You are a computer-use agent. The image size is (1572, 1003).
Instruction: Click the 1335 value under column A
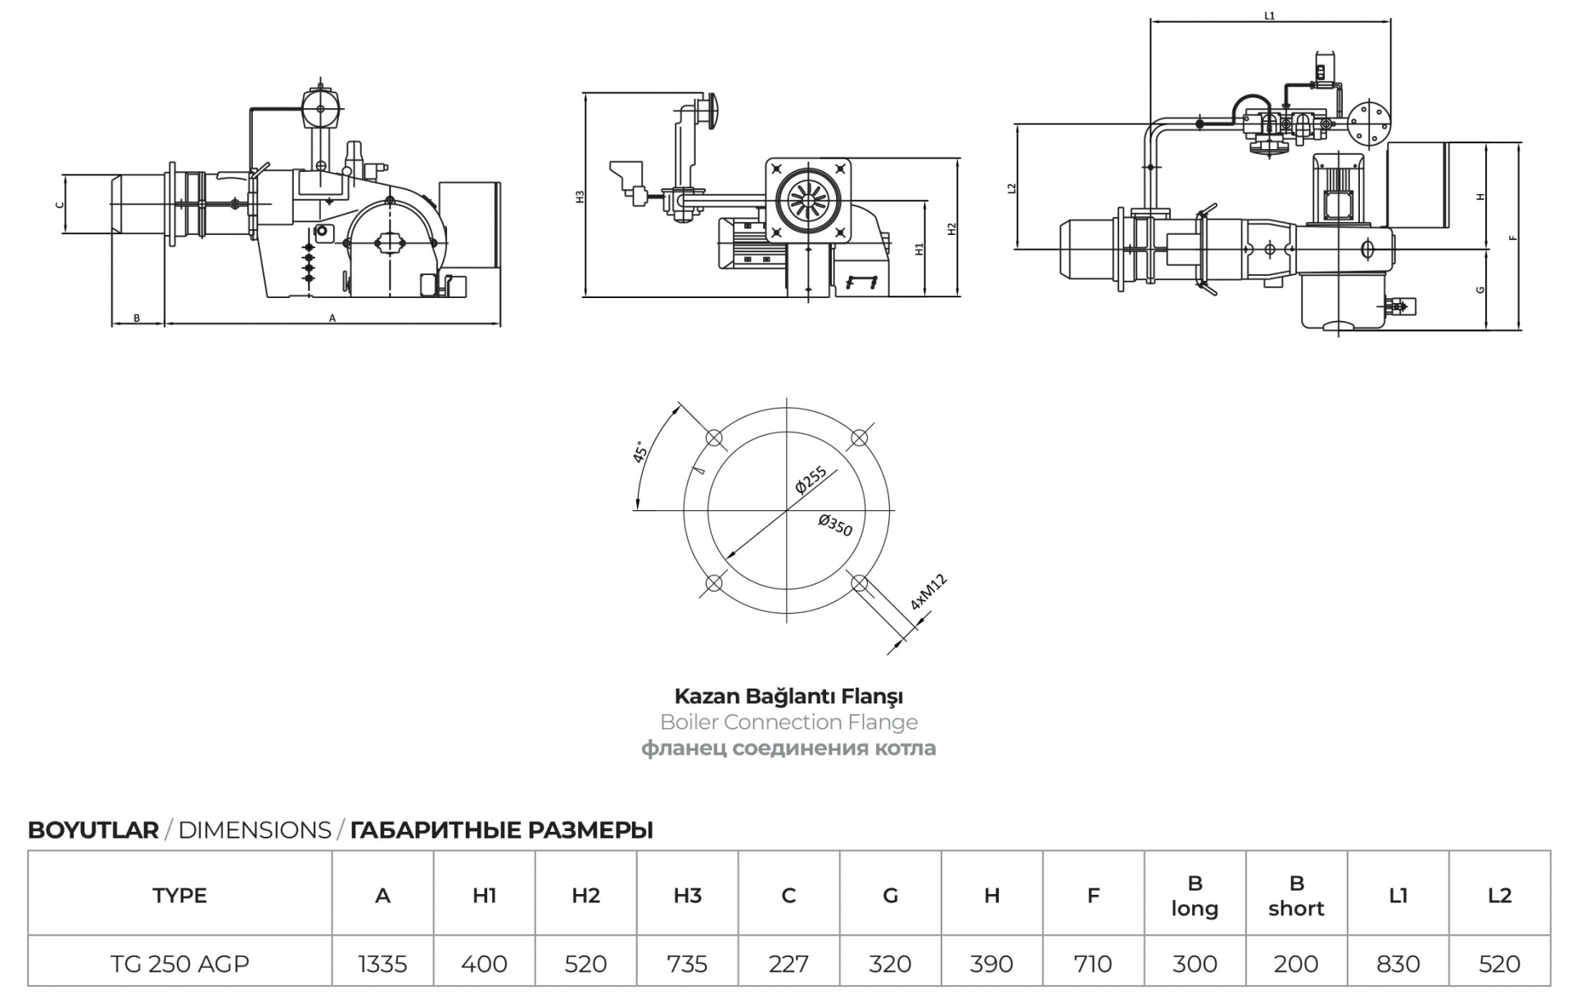[382, 964]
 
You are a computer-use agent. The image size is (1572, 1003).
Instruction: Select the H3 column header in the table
[687, 895]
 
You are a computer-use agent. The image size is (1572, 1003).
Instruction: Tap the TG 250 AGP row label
[179, 964]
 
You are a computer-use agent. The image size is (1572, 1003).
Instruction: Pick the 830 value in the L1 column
[1398, 964]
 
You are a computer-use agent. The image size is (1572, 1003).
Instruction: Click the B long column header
[1195, 896]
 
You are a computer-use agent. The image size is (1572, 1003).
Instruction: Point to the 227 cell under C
[788, 964]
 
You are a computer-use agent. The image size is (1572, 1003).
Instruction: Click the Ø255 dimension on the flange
[811, 480]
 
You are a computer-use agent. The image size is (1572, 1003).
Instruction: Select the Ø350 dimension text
[835, 525]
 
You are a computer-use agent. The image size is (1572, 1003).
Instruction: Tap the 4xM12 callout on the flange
[928, 592]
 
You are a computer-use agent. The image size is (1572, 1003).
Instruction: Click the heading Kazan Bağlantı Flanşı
[788, 696]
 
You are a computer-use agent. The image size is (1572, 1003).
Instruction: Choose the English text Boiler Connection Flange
[788, 722]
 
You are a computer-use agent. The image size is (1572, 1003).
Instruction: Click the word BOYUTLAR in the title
[93, 830]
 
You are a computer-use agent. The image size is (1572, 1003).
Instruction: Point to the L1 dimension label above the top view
[1269, 16]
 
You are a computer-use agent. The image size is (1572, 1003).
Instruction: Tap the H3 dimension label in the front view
[580, 197]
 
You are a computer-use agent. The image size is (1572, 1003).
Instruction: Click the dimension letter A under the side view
[332, 319]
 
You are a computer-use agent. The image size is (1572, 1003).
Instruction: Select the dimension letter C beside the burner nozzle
[59, 205]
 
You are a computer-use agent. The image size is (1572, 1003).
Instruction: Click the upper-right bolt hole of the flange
[859, 438]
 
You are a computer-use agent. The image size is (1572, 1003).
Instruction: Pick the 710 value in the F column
[1093, 964]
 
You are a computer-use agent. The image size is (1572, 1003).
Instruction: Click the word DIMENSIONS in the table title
[255, 830]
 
